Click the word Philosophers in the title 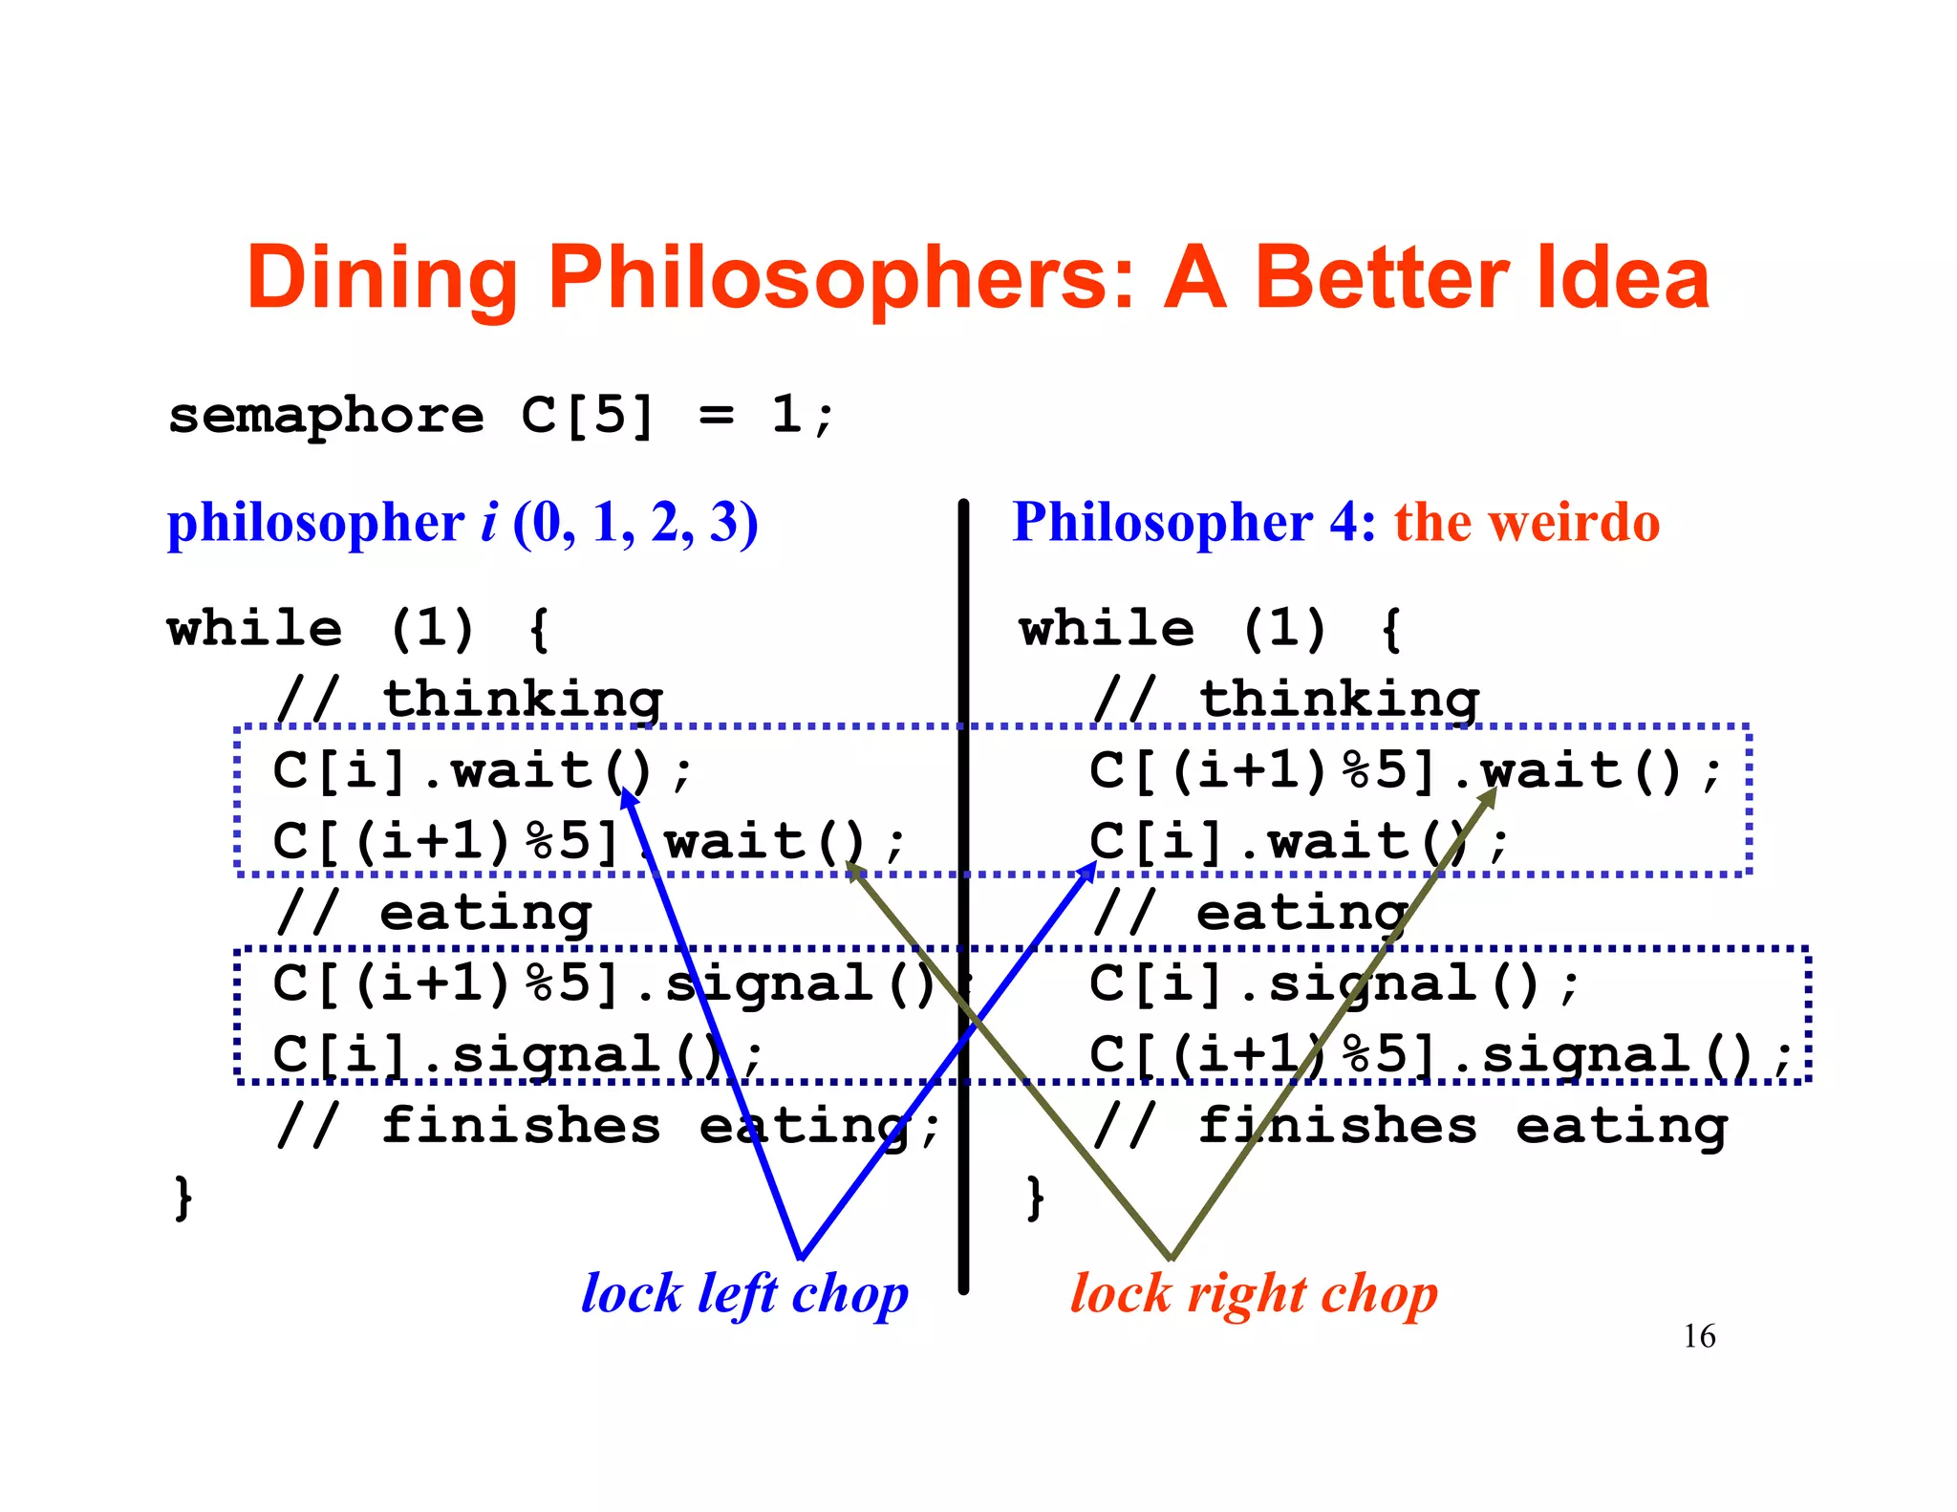click(841, 279)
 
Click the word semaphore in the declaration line click(326, 416)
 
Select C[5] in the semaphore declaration click(588, 416)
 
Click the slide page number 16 click(1699, 1335)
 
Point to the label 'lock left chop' click(744, 1295)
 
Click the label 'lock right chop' click(1253, 1295)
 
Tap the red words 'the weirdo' click(1526, 523)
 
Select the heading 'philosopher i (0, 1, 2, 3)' click(462, 524)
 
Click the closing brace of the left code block click(183, 1198)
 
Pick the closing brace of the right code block click(1034, 1198)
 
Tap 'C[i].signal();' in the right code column click(1334, 984)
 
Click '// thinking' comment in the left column click(468, 700)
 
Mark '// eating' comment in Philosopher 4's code click(1251, 914)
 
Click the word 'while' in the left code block click(254, 629)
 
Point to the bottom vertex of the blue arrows click(801, 1257)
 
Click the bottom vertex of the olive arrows click(1171, 1258)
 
